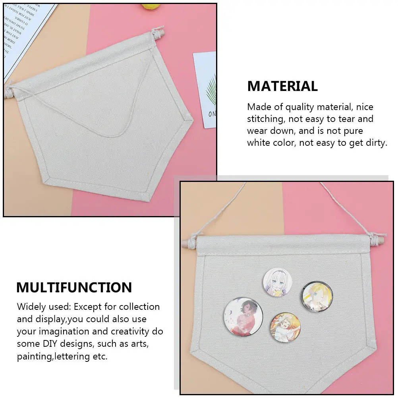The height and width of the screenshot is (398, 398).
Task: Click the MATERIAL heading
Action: coord(282,86)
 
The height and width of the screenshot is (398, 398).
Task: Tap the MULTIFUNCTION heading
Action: coord(74,287)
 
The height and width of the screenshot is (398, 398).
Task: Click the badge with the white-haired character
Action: coord(277,282)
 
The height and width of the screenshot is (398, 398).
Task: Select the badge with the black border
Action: coord(317,296)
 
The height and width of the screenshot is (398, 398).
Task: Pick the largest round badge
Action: coord(243,317)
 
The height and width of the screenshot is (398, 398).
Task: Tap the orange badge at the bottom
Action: coord(285,328)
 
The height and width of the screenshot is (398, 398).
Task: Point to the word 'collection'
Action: coord(139,307)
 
